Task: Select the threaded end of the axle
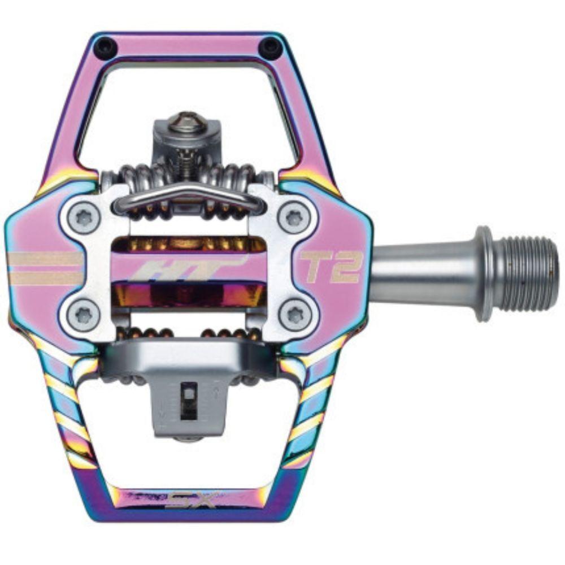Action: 528,273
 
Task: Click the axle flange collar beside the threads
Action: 483,273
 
